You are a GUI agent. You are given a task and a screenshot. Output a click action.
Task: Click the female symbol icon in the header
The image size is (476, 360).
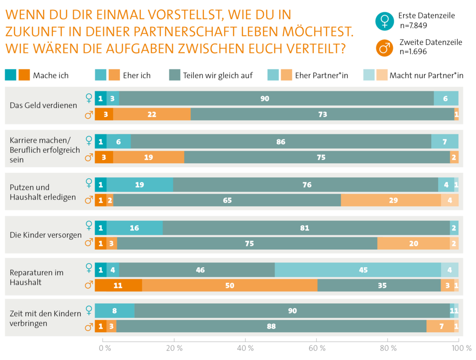click(384, 21)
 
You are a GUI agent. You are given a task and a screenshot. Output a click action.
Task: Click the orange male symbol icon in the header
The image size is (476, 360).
click(384, 48)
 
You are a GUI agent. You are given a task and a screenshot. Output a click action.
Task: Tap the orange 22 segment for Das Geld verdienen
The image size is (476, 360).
click(152, 115)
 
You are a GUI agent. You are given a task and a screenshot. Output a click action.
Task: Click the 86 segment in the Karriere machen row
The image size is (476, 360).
click(281, 142)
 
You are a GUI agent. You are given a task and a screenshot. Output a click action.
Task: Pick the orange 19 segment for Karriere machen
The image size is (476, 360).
click(149, 157)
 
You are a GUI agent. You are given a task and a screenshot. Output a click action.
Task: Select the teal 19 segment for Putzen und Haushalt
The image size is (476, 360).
click(140, 185)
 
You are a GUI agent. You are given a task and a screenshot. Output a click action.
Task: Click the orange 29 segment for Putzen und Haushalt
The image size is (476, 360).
click(391, 200)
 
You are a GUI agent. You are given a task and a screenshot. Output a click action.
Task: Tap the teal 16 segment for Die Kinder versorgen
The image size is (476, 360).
click(135, 228)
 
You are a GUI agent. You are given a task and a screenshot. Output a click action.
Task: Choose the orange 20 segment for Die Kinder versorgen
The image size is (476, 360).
click(413, 243)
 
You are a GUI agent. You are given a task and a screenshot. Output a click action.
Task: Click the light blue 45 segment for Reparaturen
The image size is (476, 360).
click(357, 270)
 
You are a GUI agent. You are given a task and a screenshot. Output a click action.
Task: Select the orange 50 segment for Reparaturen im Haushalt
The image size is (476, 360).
click(230, 286)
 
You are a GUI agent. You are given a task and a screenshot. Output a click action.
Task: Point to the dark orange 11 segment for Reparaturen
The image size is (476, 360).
click(118, 286)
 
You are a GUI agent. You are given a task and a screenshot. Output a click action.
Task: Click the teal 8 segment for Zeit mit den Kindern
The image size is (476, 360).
click(115, 311)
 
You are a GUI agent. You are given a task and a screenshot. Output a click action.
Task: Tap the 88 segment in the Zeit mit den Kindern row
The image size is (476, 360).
click(271, 326)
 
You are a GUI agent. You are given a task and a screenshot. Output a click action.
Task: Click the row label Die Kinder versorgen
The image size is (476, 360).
click(46, 235)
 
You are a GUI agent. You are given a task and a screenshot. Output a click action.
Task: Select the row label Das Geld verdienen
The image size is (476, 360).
click(43, 105)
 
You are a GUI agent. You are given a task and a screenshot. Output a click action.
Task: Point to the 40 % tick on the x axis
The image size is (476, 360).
click(245, 348)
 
